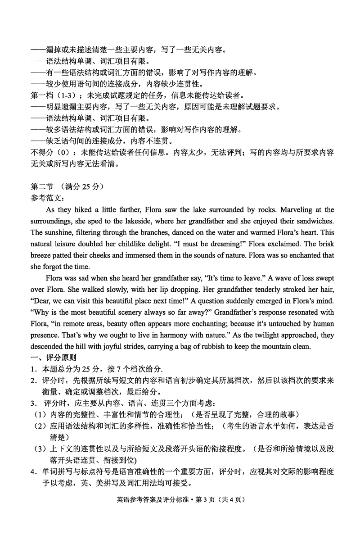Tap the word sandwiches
314,221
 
